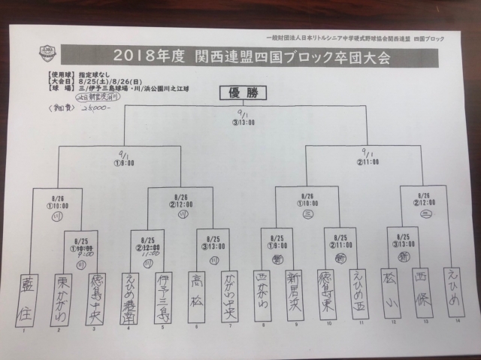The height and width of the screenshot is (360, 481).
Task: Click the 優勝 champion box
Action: click(x=240, y=93)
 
